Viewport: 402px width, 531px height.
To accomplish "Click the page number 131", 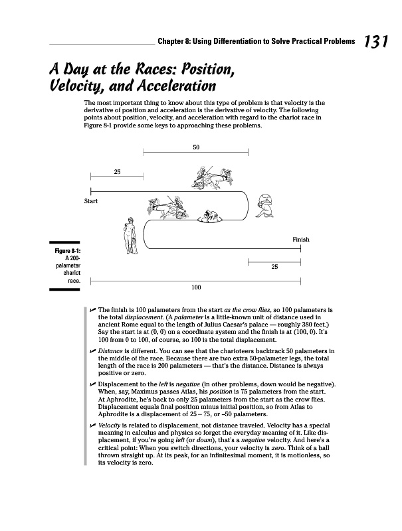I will (375, 42).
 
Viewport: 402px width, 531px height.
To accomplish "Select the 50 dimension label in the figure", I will (196, 147).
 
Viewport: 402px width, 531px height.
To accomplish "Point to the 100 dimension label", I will (196, 287).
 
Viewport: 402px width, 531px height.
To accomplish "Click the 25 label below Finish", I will (274, 267).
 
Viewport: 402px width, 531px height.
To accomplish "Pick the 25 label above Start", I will (117, 172).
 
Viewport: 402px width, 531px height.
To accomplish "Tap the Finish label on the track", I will (300, 239).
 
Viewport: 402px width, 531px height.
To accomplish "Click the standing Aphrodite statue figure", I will (130, 236).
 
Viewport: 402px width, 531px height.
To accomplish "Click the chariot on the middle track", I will (166, 207).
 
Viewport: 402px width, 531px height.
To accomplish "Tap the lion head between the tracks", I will (212, 216).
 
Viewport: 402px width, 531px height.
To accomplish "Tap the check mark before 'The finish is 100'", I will (92, 310).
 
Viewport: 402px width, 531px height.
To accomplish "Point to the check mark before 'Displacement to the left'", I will (92, 385).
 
